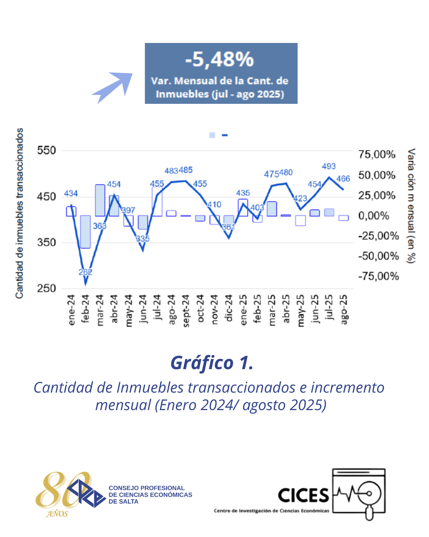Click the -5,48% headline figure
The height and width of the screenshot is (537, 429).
[x=220, y=60]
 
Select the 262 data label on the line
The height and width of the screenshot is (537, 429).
[x=85, y=272]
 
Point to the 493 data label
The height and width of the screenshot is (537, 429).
[x=329, y=166]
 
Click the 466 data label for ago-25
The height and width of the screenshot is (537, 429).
[x=343, y=179]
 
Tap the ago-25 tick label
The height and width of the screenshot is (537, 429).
[x=344, y=309]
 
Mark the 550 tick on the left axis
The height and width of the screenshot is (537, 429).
[x=46, y=151]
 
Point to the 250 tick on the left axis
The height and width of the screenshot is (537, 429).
[x=46, y=288]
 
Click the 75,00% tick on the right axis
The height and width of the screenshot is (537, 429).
[x=377, y=154]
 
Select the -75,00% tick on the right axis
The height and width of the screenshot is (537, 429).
[x=378, y=276]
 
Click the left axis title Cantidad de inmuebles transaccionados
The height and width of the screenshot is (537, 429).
[x=19, y=213]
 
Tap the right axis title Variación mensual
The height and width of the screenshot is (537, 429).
[x=411, y=206]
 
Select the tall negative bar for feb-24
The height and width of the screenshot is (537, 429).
[x=85, y=232]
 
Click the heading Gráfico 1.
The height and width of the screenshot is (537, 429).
[x=212, y=363]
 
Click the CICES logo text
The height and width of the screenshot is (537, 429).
[x=303, y=496]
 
